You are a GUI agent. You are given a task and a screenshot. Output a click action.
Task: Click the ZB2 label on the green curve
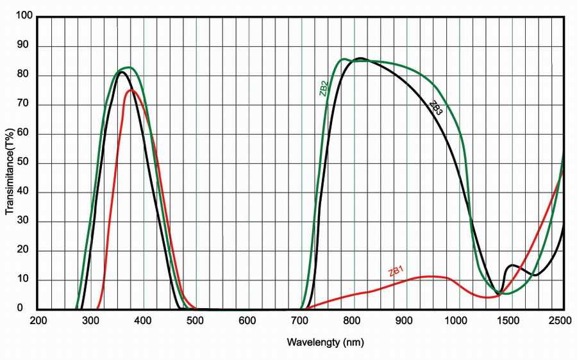[x=324, y=88]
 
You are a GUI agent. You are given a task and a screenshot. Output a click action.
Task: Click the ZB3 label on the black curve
[x=435, y=108]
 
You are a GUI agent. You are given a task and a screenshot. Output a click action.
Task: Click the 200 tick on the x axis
[x=38, y=321]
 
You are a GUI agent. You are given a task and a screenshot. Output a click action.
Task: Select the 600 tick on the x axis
[x=249, y=321]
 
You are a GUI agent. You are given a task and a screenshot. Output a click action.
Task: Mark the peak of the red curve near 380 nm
[x=131, y=90]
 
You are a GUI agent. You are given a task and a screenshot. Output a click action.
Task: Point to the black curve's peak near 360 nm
[x=121, y=71]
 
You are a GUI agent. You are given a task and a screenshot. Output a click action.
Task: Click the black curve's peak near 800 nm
[x=360, y=58]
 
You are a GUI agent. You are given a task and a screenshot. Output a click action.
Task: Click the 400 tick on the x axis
[x=144, y=321]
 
